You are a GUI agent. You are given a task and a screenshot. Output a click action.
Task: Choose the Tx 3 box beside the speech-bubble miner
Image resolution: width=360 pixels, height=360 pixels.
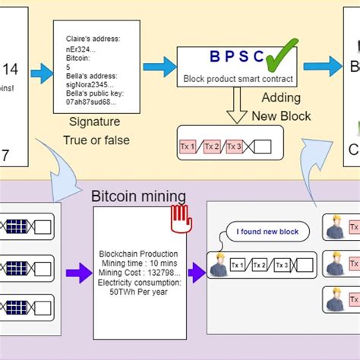pyautogui.click(x=281, y=265)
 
